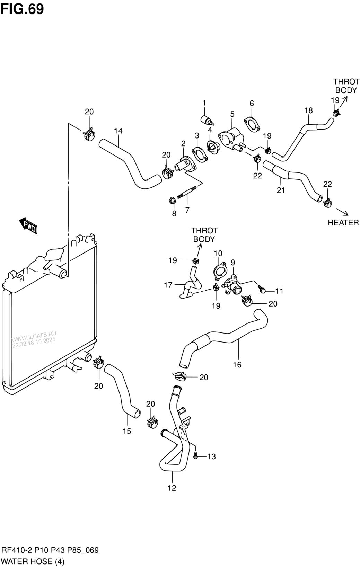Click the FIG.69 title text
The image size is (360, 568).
(x=22, y=9)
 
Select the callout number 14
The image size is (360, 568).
(x=118, y=131)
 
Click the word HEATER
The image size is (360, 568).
(x=343, y=222)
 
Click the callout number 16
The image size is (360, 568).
(x=237, y=365)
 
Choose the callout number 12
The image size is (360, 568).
(x=172, y=488)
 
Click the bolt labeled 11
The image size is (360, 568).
(x=262, y=290)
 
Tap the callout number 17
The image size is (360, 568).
(x=168, y=285)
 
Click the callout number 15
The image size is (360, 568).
(x=127, y=431)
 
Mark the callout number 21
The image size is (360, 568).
(x=281, y=190)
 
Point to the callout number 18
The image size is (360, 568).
(x=308, y=110)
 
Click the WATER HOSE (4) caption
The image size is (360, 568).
(x=33, y=561)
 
